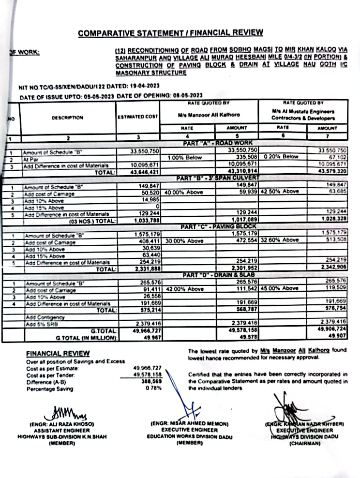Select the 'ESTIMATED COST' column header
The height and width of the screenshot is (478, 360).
pyautogui.click(x=138, y=117)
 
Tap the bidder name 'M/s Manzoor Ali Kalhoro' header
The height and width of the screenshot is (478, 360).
pyautogui.click(x=205, y=115)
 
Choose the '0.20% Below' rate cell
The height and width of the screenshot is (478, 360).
pyautogui.click(x=281, y=157)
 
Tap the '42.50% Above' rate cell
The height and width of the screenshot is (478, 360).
pyautogui.click(x=281, y=192)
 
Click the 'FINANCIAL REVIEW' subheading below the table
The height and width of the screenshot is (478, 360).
pyautogui.click(x=58, y=354)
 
